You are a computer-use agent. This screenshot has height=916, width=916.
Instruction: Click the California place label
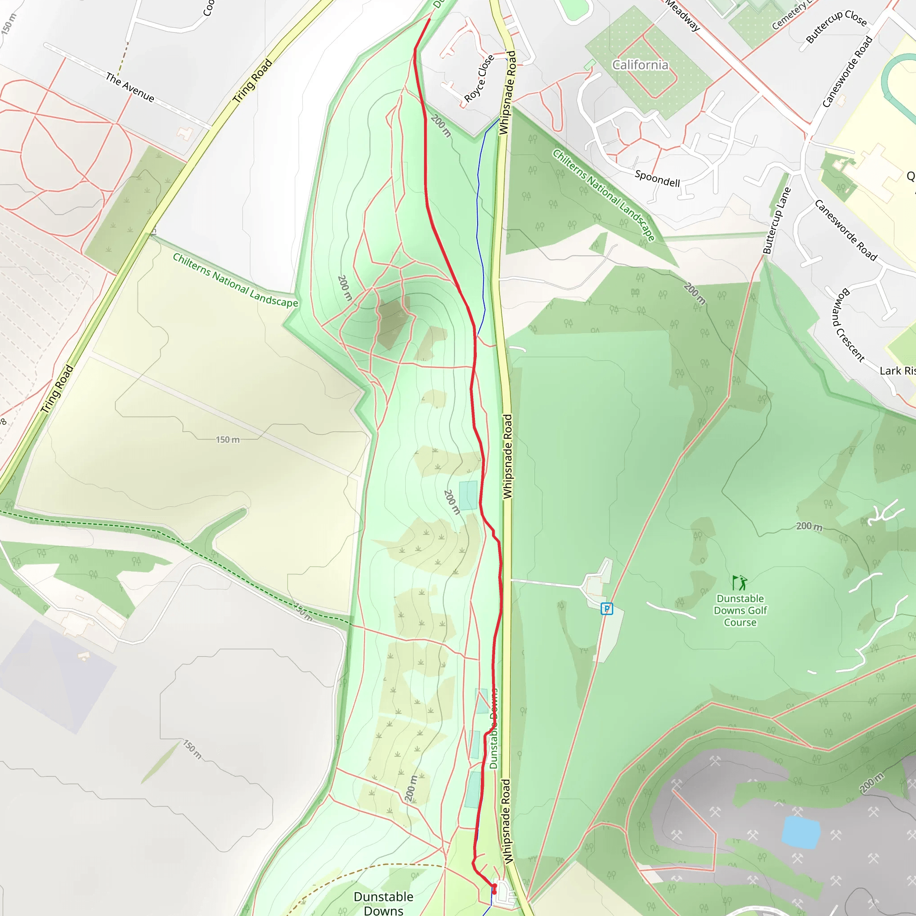click(640, 65)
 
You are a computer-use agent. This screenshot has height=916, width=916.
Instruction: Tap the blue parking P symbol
click(606, 609)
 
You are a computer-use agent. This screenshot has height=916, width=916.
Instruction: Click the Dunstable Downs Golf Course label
click(740, 611)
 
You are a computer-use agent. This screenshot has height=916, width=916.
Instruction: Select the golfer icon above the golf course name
click(740, 582)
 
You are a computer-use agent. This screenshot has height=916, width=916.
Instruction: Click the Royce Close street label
click(479, 78)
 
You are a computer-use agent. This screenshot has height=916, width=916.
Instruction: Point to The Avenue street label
click(130, 87)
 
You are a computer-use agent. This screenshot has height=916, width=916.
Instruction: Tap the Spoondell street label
click(657, 179)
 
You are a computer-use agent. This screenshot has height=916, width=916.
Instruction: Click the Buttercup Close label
click(836, 26)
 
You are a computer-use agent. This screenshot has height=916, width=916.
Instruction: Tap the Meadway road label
click(682, 16)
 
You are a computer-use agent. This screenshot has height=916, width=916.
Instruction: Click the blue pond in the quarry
click(801, 832)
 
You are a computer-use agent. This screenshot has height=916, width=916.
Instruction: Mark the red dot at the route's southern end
click(494, 892)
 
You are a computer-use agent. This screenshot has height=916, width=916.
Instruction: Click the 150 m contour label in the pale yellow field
click(228, 440)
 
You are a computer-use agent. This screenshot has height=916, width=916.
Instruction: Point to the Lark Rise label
click(897, 371)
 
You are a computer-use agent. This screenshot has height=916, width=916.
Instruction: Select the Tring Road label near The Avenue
click(253, 81)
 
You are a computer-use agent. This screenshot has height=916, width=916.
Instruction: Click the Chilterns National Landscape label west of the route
click(235, 280)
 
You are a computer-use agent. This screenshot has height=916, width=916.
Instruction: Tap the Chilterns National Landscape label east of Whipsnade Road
click(604, 195)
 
